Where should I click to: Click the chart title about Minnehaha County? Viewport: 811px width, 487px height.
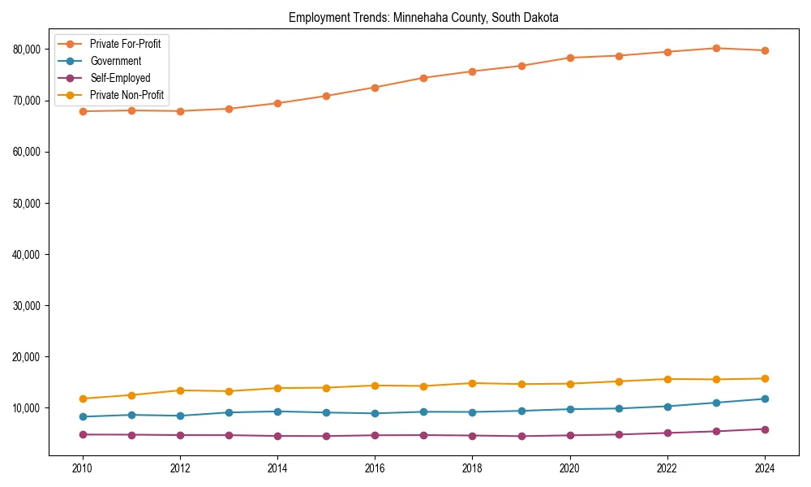(423, 17)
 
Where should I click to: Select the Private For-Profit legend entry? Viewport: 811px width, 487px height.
(125, 44)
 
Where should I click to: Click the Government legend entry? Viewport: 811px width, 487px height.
(115, 61)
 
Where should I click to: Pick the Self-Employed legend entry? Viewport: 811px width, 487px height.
(120, 78)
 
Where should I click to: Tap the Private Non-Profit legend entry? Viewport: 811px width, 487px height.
(127, 95)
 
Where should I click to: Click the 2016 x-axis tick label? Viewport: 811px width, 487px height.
(375, 468)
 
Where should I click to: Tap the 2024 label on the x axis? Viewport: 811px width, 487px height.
(765, 468)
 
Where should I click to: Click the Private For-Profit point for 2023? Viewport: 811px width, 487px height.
(716, 48)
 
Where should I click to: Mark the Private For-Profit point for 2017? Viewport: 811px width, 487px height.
(423, 78)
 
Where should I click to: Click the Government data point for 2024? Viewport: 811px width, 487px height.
(765, 399)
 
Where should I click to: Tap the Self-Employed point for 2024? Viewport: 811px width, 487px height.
(765, 429)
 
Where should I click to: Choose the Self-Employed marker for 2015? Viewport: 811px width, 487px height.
(326, 436)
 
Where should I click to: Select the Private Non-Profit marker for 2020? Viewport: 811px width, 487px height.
(570, 384)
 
